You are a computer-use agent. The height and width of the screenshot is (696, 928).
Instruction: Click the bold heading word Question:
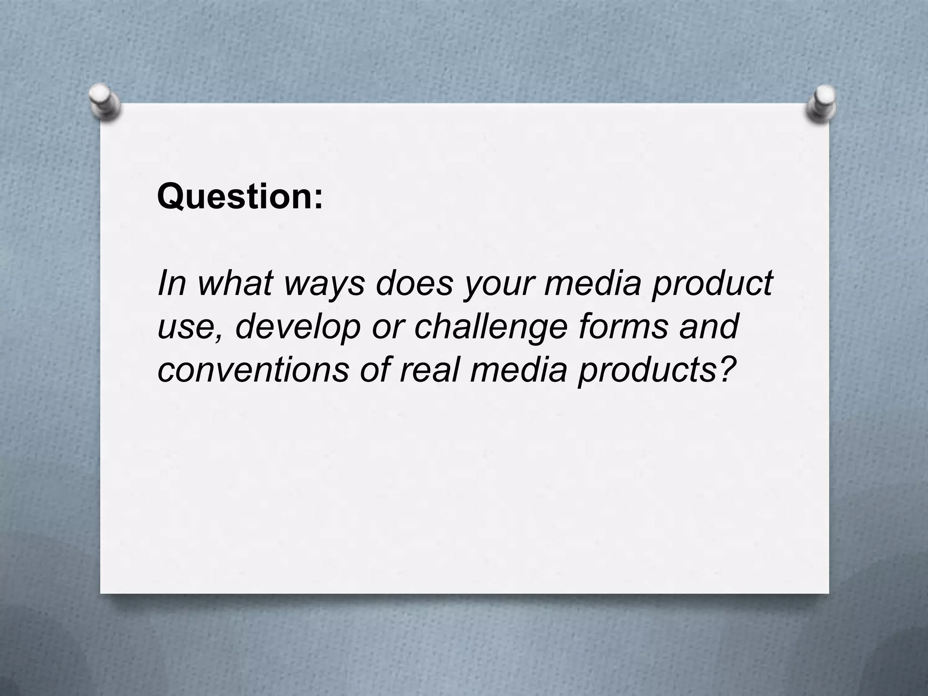240,197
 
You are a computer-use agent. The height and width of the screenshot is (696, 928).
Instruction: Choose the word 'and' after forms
709,326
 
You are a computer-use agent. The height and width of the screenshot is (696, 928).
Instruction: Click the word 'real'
429,369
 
